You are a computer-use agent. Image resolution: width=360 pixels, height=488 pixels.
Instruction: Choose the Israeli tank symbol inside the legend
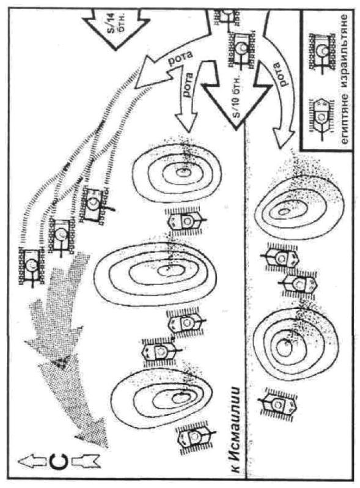point(320,51)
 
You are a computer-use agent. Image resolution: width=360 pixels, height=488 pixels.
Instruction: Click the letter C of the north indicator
point(58,462)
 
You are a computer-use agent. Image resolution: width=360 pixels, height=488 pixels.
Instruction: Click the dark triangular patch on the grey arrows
point(61,362)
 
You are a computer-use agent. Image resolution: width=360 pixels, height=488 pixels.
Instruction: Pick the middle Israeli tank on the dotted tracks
point(61,235)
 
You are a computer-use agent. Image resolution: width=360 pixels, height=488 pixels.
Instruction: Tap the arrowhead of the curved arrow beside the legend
point(282,138)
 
